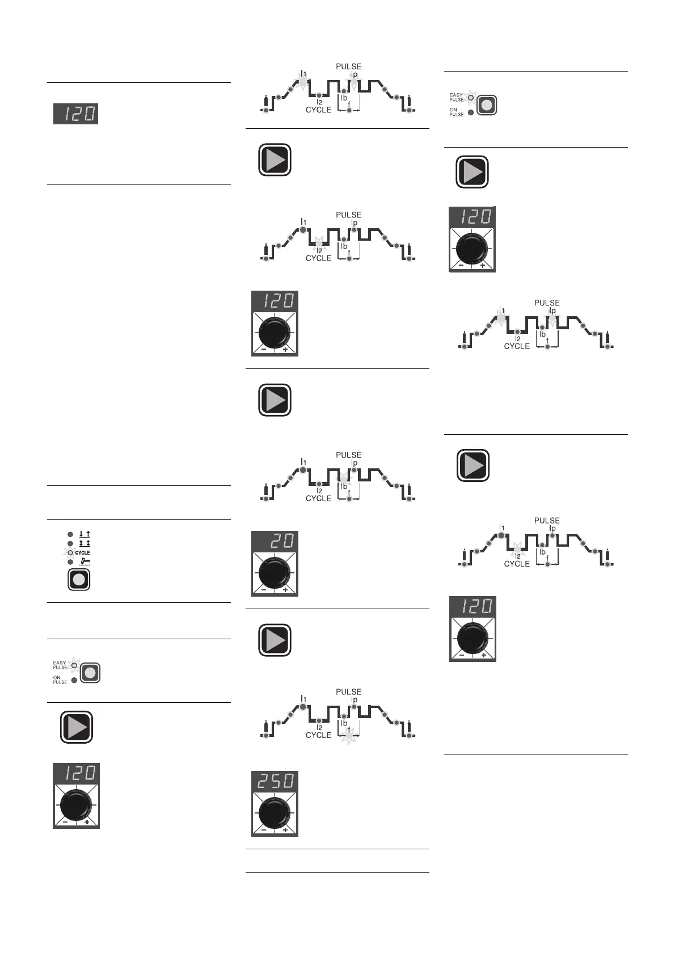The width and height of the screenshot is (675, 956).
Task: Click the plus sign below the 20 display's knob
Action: (x=285, y=590)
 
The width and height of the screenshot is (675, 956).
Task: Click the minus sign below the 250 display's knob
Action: (x=264, y=830)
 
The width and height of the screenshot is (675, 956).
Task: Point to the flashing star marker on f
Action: (x=349, y=736)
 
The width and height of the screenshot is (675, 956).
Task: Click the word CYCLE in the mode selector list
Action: (x=82, y=552)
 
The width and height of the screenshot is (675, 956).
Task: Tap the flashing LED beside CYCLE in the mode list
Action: (x=70, y=552)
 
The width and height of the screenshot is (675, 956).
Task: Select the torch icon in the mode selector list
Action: (x=85, y=561)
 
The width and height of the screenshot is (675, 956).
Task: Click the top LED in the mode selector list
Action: (x=70, y=534)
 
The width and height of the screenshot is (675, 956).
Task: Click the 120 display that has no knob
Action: (x=76, y=114)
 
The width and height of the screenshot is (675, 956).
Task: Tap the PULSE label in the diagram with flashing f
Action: (x=348, y=691)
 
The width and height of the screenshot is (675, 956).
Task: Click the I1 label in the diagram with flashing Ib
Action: (x=303, y=462)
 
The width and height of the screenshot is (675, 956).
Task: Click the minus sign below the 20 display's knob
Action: (x=264, y=590)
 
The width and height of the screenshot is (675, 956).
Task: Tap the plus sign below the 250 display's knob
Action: (x=285, y=830)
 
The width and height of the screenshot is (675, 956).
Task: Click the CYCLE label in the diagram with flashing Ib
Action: (x=318, y=498)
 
